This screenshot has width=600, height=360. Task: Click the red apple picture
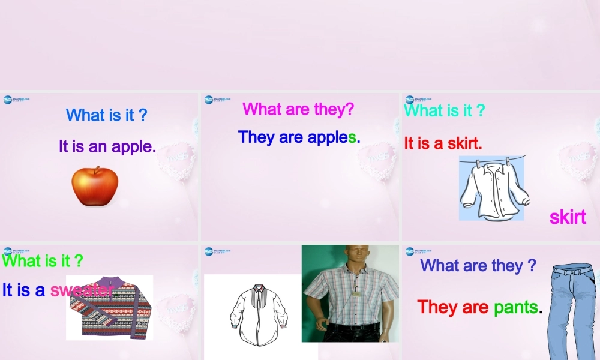pos(95,186)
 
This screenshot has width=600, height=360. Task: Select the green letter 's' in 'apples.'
pos(352,137)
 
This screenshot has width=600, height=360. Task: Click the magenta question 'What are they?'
pos(298,109)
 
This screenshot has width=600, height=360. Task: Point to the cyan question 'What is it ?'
pos(444,110)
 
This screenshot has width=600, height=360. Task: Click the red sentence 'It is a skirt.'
pos(443,143)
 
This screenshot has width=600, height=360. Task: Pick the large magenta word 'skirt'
pos(568,217)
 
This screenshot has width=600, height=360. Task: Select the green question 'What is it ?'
pos(43,260)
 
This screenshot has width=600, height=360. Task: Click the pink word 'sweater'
pos(81,290)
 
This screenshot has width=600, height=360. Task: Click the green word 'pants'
pos(515,307)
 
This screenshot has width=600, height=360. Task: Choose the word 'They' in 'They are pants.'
pos(438,307)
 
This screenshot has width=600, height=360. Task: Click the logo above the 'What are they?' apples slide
pos(214,100)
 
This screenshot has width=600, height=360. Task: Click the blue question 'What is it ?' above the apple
pos(106,115)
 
